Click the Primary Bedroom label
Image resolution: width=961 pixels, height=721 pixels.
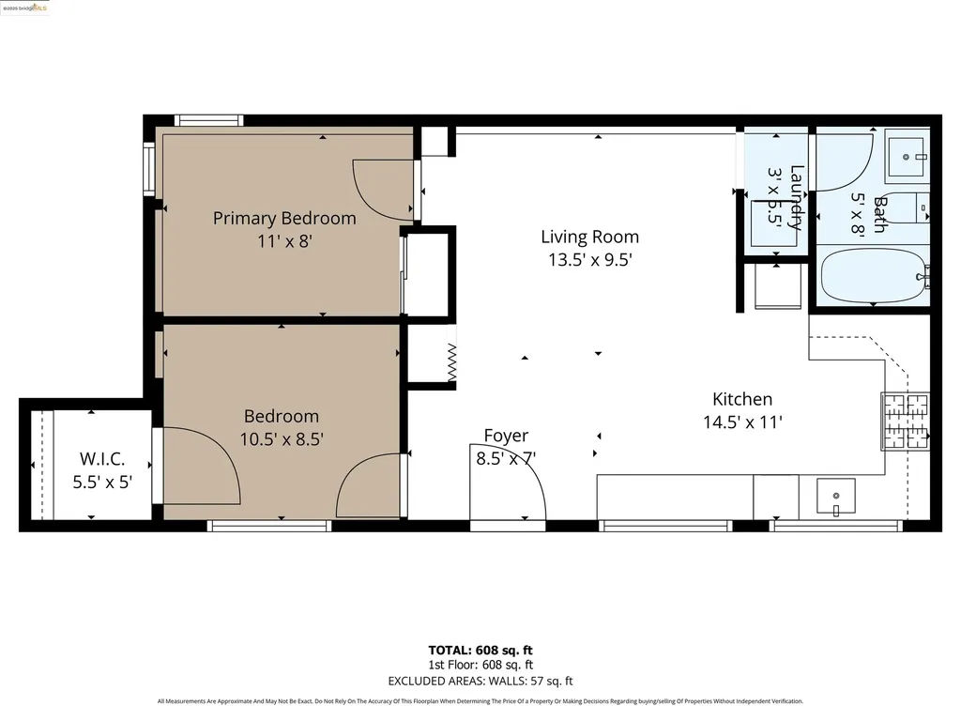(284, 219)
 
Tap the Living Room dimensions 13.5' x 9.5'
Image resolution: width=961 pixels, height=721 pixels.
(589, 260)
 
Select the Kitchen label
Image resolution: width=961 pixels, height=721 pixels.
(741, 399)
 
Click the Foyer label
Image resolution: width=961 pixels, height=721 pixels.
(506, 436)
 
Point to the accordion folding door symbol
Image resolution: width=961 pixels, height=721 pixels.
(451, 361)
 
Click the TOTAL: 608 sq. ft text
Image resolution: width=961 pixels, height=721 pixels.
(480, 650)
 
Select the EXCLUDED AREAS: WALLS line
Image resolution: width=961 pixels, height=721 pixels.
(480, 681)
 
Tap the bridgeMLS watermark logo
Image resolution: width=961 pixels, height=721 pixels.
(26, 8)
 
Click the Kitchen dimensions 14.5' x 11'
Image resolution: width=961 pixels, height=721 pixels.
(742, 422)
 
